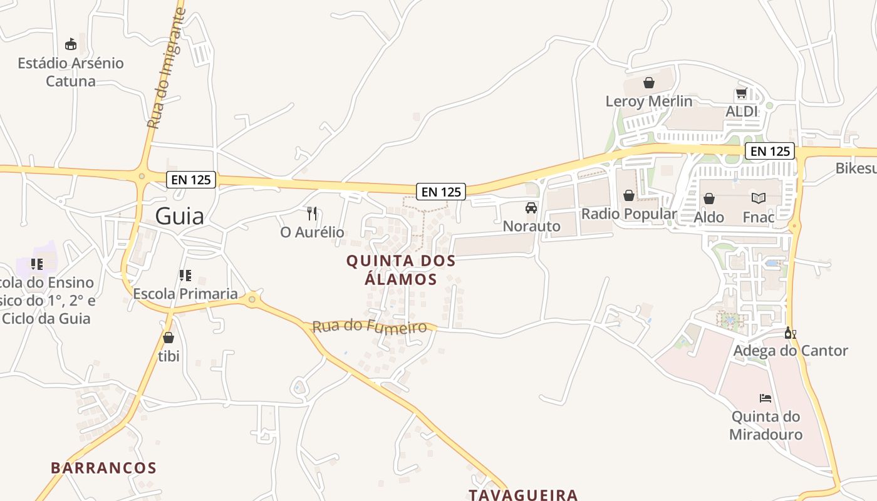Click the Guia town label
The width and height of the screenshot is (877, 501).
pyautogui.click(x=179, y=216)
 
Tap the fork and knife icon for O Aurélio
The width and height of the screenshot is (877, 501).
pyautogui.click(x=312, y=214)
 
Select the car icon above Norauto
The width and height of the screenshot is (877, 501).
pyautogui.click(x=531, y=208)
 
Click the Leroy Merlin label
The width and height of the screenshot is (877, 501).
pyautogui.click(x=649, y=101)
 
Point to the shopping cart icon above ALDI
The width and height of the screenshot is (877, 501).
pyautogui.click(x=741, y=94)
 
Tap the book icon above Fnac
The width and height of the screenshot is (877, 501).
pyautogui.click(x=758, y=199)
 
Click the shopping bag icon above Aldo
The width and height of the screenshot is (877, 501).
pyautogui.click(x=709, y=199)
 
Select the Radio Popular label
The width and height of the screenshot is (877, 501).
pyautogui.click(x=629, y=214)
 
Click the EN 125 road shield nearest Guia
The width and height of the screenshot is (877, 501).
pyautogui.click(x=191, y=180)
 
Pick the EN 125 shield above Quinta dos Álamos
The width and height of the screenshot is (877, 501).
pyautogui.click(x=441, y=192)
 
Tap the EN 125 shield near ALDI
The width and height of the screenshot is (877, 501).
pyautogui.click(x=769, y=151)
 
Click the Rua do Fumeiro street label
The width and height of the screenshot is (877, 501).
pyautogui.click(x=369, y=326)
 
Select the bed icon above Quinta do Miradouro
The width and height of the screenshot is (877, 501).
pyautogui.click(x=765, y=398)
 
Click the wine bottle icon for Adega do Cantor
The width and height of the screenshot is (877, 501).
pyautogui.click(x=789, y=333)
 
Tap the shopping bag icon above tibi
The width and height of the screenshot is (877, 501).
pyautogui.click(x=168, y=338)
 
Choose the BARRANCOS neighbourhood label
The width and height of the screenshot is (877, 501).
pyautogui.click(x=103, y=468)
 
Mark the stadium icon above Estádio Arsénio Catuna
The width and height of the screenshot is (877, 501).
pyautogui.click(x=71, y=44)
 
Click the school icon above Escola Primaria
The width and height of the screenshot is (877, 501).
pyautogui.click(x=185, y=276)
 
